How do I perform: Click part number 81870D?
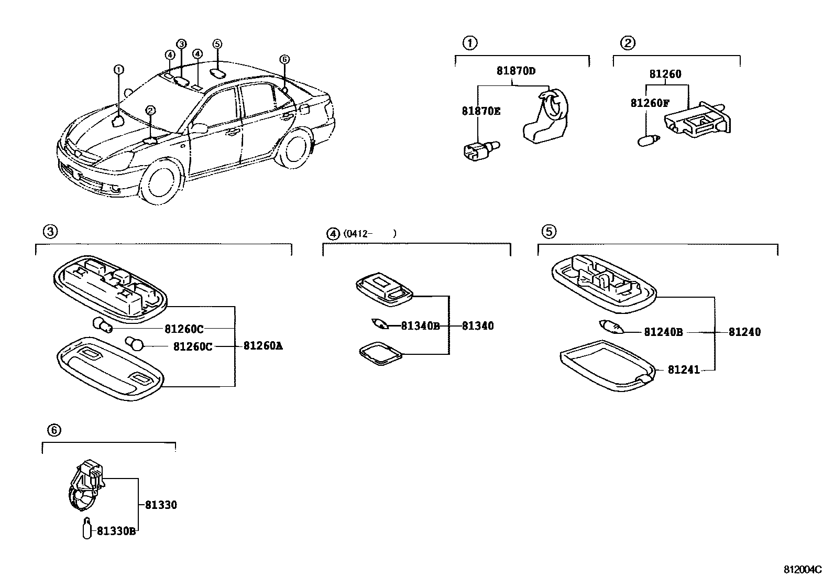tap(516, 71)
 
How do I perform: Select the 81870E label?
tap(481, 111)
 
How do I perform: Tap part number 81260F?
tap(650, 103)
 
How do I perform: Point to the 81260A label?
tap(263, 346)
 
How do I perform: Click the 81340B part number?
tap(420, 326)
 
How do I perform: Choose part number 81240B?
tap(663, 332)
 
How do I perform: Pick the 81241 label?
tap(684, 370)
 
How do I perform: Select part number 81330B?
tap(116, 531)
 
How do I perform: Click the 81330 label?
tap(161, 505)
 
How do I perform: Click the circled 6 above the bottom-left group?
tap(54, 430)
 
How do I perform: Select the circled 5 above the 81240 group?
tap(548, 231)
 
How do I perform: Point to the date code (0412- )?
tap(369, 234)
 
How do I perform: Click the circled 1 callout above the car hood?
tap(119, 69)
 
